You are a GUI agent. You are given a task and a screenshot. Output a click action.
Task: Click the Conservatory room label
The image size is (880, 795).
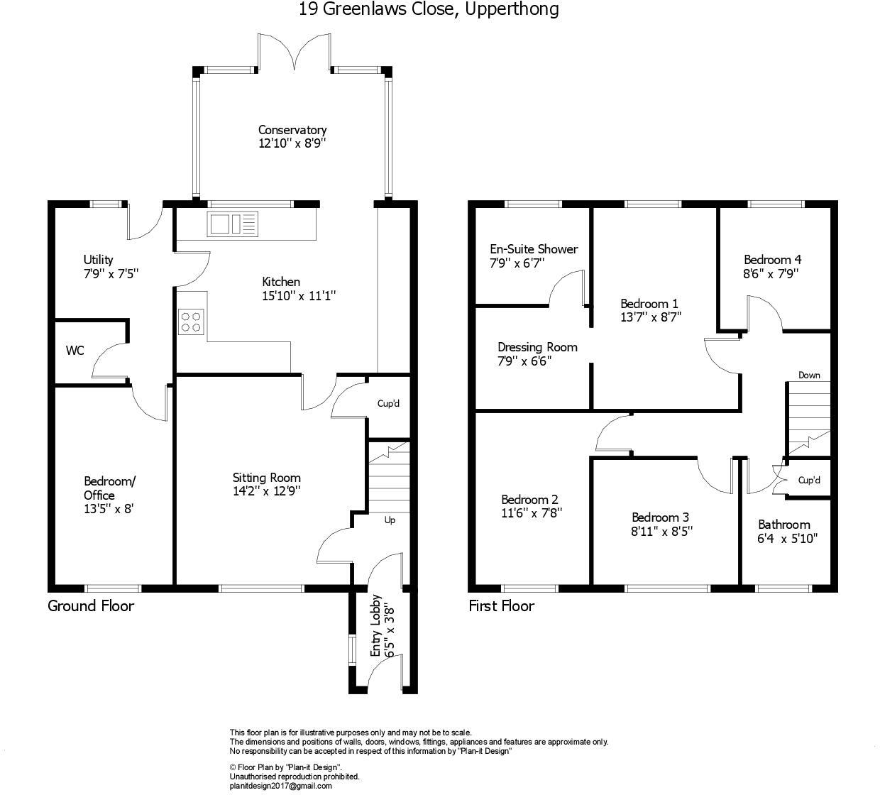tap(292, 130)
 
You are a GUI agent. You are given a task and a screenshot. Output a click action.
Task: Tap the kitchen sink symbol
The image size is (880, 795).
tap(233, 224)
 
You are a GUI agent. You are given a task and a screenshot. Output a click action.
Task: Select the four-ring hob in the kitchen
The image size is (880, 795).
tap(191, 321)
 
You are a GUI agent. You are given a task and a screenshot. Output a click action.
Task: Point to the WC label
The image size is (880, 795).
tap(75, 351)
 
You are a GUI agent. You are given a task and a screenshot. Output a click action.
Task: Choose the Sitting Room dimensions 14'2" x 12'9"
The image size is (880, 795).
tap(266, 490)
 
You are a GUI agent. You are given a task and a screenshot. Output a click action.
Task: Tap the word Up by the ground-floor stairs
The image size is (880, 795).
tap(390, 520)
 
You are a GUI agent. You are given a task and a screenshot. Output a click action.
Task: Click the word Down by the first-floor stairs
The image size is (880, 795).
tap(809, 375)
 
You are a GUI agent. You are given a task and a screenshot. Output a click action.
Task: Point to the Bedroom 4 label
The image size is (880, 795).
tap(772, 260)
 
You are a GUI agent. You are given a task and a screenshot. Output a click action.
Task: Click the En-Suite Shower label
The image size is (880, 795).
tap(534, 249)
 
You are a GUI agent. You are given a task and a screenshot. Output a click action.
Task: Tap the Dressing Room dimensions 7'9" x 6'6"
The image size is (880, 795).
tap(524, 361)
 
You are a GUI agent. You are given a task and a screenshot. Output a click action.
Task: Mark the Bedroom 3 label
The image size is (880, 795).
tap(660, 517)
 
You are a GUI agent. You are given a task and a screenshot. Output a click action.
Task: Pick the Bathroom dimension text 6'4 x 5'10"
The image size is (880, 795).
tap(787, 538)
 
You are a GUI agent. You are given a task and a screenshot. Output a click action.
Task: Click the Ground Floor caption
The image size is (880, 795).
tap(91, 606)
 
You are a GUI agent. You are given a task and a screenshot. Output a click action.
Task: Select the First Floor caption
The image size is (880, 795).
tap(501, 606)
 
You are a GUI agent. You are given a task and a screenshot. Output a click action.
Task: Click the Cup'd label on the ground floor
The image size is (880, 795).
tap(388, 404)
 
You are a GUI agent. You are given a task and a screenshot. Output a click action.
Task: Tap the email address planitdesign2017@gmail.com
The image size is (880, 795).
tap(280, 786)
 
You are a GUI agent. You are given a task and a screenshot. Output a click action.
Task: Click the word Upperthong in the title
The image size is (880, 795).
tap(512, 9)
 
